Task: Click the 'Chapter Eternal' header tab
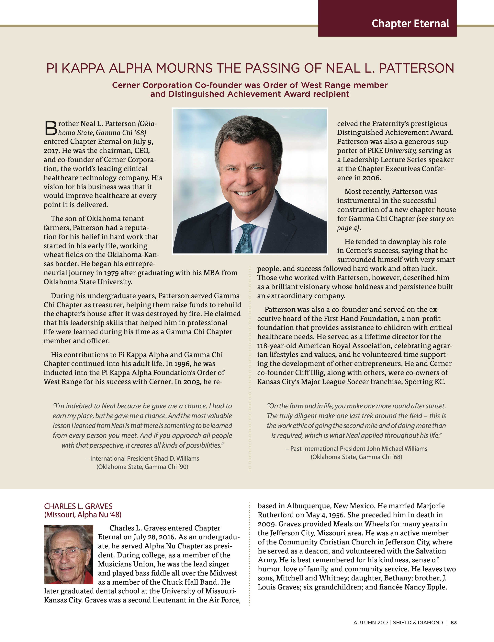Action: point(410,24)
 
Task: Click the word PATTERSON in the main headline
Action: point(416,68)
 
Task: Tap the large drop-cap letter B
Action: point(50,128)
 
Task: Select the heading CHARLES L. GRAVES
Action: point(78,506)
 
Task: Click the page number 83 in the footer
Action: point(454,623)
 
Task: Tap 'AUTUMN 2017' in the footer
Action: point(371,623)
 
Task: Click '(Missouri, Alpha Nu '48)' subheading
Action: point(83,515)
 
